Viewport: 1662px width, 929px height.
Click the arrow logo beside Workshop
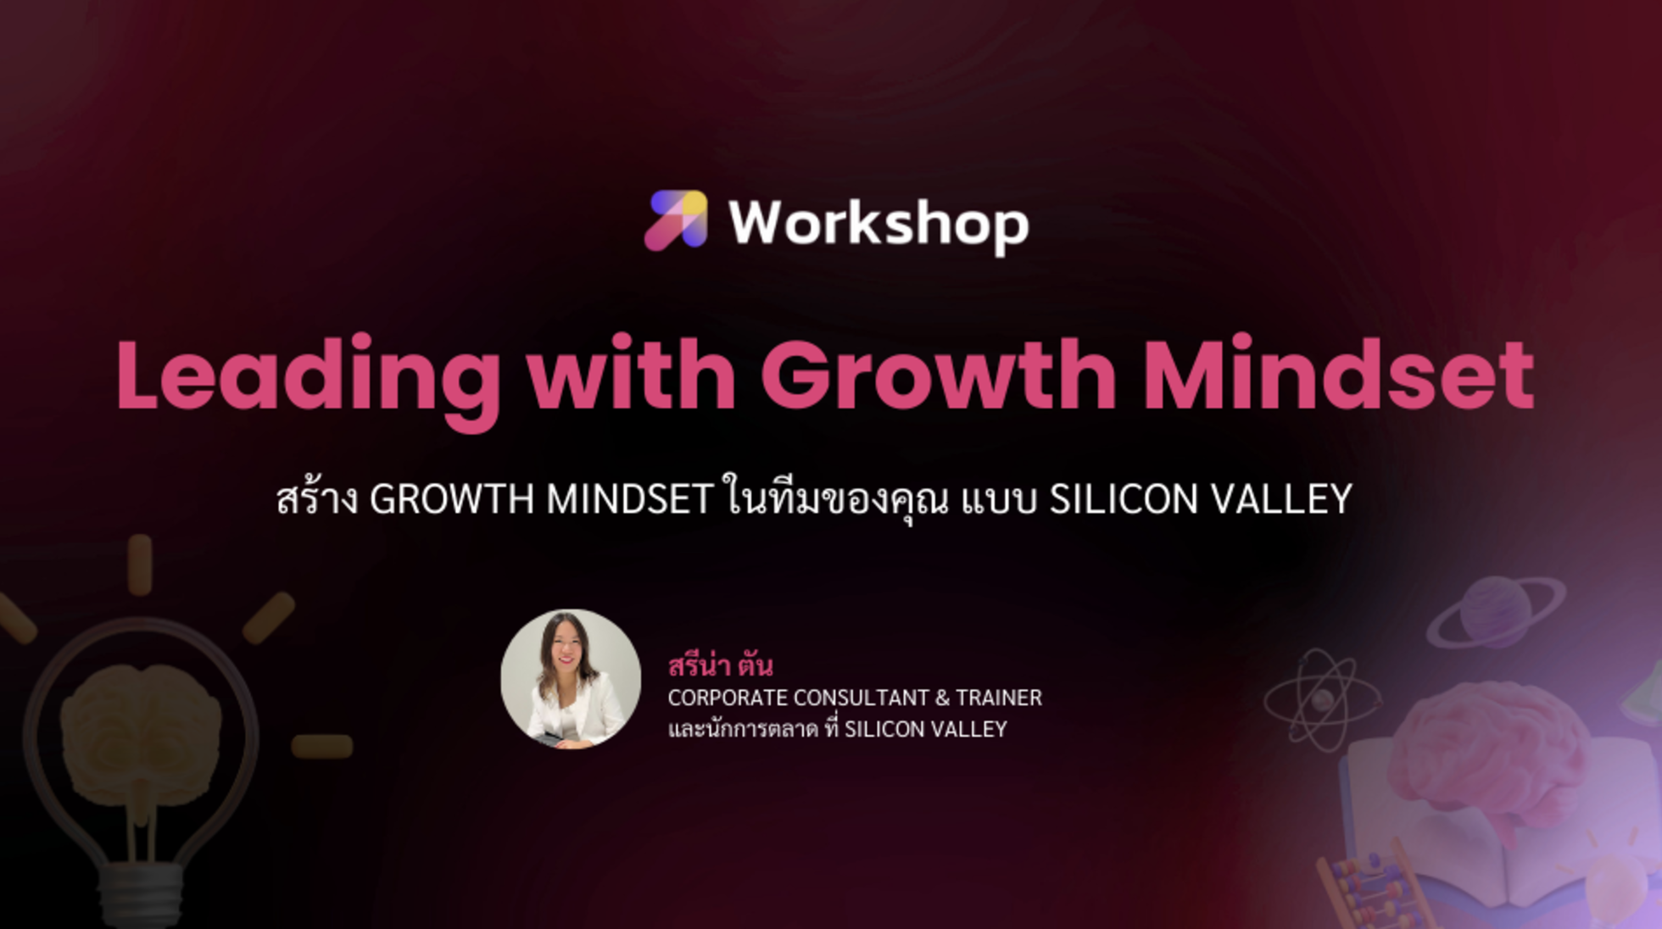[x=676, y=220]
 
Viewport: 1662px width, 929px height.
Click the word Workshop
[x=878, y=224]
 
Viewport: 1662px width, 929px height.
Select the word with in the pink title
[x=632, y=375]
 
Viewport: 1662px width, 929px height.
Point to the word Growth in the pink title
[x=938, y=375]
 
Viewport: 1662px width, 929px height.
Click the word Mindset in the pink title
[x=1339, y=375]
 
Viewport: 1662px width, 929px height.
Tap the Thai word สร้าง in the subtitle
[x=317, y=499]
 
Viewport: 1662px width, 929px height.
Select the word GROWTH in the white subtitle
[x=450, y=499]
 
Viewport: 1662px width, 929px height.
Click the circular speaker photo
[x=571, y=678]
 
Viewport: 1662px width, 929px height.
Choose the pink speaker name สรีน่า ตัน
[x=720, y=666]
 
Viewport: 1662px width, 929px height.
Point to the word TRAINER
[x=998, y=698]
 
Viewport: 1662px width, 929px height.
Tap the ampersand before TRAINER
[x=942, y=698]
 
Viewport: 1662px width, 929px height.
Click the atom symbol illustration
[x=1321, y=700]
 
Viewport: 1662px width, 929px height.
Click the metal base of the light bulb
[x=141, y=890]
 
